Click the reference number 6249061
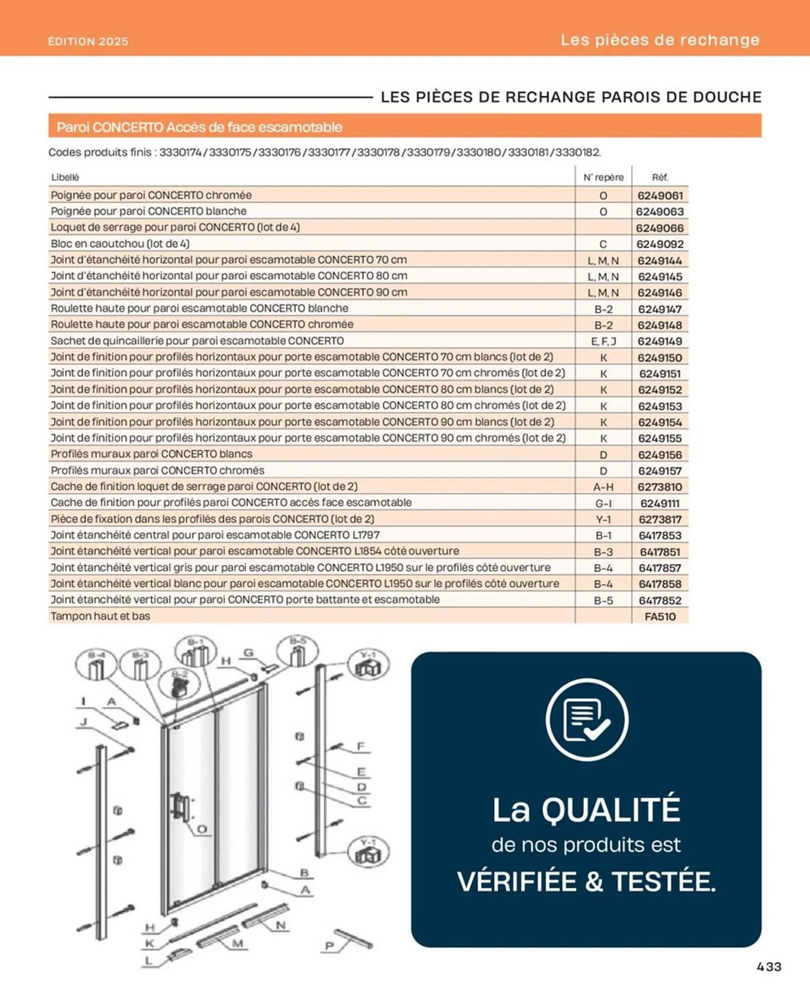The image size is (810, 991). coord(660,195)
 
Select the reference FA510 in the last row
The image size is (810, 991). coord(660,616)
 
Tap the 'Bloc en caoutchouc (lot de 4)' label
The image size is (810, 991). coord(120,243)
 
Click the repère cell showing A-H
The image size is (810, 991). coord(603,487)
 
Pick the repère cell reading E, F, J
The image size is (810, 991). coord(603,341)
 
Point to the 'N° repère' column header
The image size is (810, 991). coord(603,177)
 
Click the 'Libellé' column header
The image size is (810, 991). coord(65,177)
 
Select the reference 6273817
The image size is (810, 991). coord(660,519)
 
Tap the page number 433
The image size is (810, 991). coord(768,967)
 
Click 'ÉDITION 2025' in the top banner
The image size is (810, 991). coord(88,41)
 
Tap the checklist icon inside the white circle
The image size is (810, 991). coord(587,719)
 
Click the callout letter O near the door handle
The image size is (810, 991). coord(202,829)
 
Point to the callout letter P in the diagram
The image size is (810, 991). coord(329,946)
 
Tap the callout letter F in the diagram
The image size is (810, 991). coord(361,746)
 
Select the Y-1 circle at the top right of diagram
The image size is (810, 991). coord(368,664)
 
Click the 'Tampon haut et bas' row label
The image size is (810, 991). coord(100,616)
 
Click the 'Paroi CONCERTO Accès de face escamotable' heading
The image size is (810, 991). coord(199,127)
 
